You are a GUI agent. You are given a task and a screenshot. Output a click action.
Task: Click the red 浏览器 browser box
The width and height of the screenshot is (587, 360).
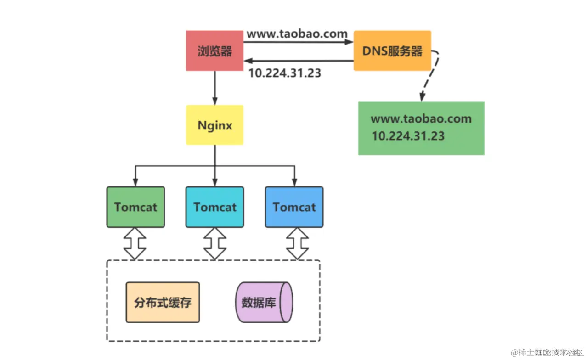pyautogui.click(x=214, y=51)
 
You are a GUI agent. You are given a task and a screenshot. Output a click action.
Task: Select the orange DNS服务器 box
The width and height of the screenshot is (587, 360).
pyautogui.click(x=392, y=51)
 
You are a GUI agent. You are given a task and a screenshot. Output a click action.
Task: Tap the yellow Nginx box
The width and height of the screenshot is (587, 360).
pyautogui.click(x=214, y=125)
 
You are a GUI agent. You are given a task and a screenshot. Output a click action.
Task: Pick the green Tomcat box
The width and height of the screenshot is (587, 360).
pyautogui.click(x=135, y=207)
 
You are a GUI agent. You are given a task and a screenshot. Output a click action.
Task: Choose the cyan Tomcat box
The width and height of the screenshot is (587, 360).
pyautogui.click(x=214, y=207)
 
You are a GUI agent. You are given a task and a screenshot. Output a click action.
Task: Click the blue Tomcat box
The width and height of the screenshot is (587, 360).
pyautogui.click(x=294, y=207)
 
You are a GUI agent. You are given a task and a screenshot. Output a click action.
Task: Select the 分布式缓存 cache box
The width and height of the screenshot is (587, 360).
pyautogui.click(x=163, y=303)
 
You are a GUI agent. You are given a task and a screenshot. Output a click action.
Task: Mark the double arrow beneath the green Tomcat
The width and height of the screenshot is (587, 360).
pyautogui.click(x=135, y=243)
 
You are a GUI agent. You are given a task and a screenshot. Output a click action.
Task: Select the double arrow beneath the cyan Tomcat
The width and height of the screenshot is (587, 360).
pyautogui.click(x=214, y=243)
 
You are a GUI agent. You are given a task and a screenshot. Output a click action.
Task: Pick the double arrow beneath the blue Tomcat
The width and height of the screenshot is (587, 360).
pyautogui.click(x=297, y=243)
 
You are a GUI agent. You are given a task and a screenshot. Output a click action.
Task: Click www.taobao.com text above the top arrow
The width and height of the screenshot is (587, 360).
pyautogui.click(x=297, y=34)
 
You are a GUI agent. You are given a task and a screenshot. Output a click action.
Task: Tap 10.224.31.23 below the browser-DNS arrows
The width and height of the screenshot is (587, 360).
pyautogui.click(x=284, y=73)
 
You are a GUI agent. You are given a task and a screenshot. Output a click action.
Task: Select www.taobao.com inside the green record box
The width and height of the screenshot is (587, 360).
pyautogui.click(x=421, y=119)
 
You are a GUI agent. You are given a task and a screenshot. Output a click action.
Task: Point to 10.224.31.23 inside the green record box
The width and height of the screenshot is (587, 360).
pyautogui.click(x=408, y=136)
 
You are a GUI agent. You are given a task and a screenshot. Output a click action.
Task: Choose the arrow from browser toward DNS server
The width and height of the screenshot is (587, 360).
pyautogui.click(x=299, y=43)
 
